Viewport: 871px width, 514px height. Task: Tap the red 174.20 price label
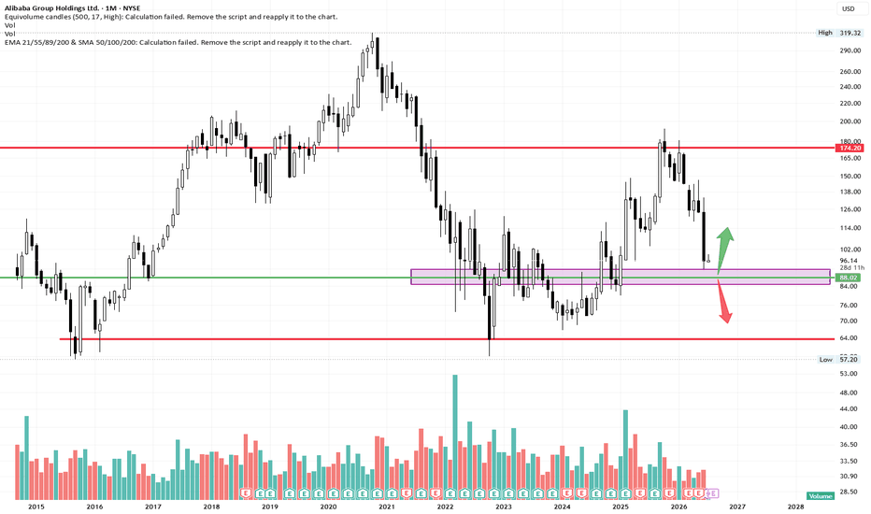pyautogui.click(x=850, y=148)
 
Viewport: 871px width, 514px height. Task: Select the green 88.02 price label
pyautogui.click(x=850, y=278)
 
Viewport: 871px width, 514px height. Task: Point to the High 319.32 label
pyautogui.click(x=839, y=33)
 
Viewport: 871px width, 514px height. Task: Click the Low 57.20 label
pyautogui.click(x=840, y=360)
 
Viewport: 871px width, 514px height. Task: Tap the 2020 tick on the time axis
pyautogui.click(x=328, y=507)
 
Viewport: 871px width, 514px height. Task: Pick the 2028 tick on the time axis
pyautogui.click(x=795, y=507)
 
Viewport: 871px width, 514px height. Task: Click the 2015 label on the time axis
pyautogui.click(x=36, y=507)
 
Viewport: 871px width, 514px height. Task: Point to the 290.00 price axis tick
pyautogui.click(x=850, y=50)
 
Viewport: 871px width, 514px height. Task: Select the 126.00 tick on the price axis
pyautogui.click(x=850, y=209)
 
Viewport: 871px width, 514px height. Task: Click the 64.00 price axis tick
pyautogui.click(x=848, y=338)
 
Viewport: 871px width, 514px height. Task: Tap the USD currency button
pyautogui.click(x=849, y=8)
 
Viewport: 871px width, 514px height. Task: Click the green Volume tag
pyautogui.click(x=821, y=496)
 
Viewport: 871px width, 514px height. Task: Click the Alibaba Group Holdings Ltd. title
pyautogui.click(x=51, y=8)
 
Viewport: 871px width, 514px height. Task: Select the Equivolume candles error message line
pyautogui.click(x=171, y=17)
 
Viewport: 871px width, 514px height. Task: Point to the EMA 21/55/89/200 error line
pyautogui.click(x=178, y=42)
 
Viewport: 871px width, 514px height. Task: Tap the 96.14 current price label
pyautogui.click(x=849, y=261)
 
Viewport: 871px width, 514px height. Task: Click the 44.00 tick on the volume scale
pyautogui.click(x=848, y=409)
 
